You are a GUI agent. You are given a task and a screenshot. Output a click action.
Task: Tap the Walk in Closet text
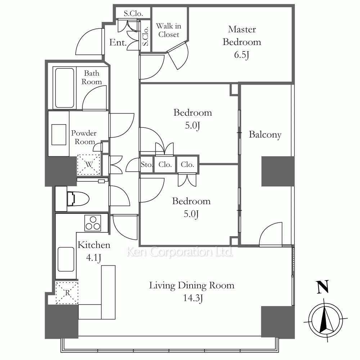pyautogui.click(x=169, y=30)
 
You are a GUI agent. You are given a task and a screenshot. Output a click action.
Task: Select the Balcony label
pyautogui.click(x=265, y=135)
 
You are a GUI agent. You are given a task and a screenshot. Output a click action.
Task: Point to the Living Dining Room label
pyautogui.click(x=192, y=285)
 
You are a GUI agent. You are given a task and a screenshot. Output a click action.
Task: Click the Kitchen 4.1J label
pyautogui.click(x=94, y=251)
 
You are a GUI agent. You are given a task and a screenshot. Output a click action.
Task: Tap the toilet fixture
pyautogui.click(x=78, y=198)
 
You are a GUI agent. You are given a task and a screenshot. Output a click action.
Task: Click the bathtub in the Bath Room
pyautogui.click(x=64, y=88)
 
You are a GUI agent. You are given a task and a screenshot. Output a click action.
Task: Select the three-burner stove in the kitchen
pyautogui.click(x=93, y=223)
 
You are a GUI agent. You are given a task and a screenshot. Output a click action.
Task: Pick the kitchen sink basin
pyautogui.click(x=66, y=259)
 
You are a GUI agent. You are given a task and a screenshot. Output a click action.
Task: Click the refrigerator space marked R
pyautogui.click(x=67, y=293)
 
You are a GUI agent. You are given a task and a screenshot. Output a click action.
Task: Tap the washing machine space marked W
pyautogui.click(x=89, y=165)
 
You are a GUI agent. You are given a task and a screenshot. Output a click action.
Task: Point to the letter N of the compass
pyautogui.click(x=323, y=287)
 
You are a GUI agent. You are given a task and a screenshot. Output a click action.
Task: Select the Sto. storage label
pyautogui.click(x=147, y=165)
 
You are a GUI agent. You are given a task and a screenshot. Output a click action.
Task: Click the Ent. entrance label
pyautogui.click(x=118, y=42)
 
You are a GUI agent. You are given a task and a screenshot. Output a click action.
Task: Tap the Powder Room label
pyautogui.click(x=84, y=137)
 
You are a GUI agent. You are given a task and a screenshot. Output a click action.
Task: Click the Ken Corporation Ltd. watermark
pyautogui.click(x=180, y=252)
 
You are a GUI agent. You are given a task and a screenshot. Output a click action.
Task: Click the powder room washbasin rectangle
pyautogui.click(x=59, y=135)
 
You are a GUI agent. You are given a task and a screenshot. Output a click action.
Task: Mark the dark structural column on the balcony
pyautogui.click(x=278, y=171)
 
